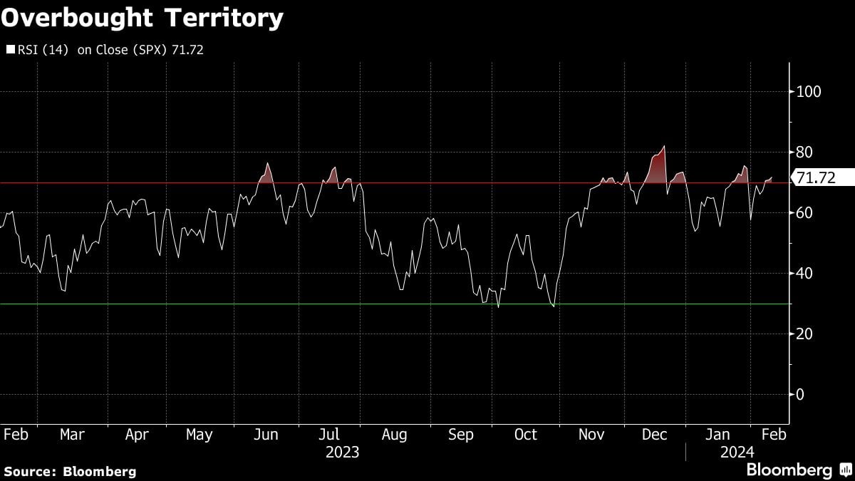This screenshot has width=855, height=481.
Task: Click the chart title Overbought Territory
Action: [142, 18]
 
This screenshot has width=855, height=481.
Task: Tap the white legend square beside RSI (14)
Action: [9, 50]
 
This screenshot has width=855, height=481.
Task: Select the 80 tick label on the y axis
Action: [804, 152]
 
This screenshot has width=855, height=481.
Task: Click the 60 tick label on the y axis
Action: [804, 213]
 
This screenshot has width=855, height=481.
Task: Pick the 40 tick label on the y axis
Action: [804, 274]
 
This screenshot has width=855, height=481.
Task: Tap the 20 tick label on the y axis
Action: [804, 334]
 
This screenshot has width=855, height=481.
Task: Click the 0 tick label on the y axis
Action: [800, 395]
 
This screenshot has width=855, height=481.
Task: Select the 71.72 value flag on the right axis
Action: [815, 178]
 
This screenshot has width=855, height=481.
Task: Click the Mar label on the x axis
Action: [72, 435]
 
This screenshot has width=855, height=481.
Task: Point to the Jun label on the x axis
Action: [266, 435]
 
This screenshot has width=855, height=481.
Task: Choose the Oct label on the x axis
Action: [525, 435]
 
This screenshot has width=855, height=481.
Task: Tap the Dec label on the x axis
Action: [653, 435]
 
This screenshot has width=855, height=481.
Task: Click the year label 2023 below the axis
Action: [342, 452]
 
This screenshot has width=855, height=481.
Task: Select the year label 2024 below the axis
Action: [736, 452]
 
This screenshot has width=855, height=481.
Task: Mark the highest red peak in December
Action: [664, 147]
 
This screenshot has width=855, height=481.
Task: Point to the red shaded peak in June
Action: [268, 164]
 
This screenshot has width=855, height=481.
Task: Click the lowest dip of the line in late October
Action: [554, 306]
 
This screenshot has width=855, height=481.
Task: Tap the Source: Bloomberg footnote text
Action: [70, 471]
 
